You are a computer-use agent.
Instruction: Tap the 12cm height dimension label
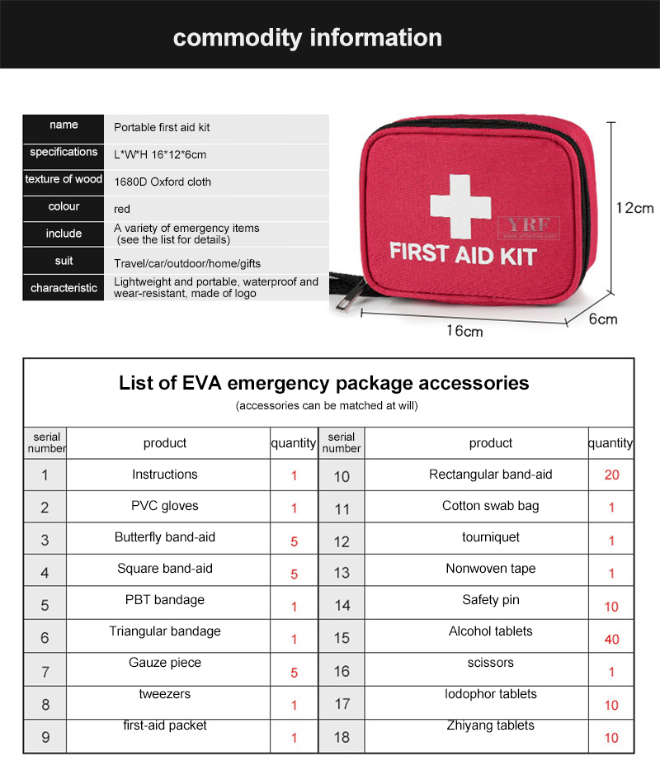(634, 208)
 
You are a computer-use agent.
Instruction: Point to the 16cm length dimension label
(464, 331)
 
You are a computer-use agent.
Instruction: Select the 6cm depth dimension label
(603, 319)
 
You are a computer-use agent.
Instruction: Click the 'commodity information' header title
(308, 37)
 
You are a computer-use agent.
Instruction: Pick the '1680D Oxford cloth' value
(163, 182)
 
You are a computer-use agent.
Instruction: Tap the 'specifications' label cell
(64, 152)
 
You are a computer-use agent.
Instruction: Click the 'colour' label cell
(64, 206)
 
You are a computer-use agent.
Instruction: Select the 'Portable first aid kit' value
(162, 128)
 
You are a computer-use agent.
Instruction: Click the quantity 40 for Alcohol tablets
(611, 639)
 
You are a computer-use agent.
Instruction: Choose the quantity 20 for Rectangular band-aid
(611, 475)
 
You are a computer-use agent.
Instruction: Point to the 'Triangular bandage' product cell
(165, 631)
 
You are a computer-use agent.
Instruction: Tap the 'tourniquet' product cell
(491, 537)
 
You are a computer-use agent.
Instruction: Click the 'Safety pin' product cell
(491, 600)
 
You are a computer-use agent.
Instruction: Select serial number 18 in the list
(342, 737)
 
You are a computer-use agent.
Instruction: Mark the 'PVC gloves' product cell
(165, 506)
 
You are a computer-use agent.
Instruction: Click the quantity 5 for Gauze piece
(295, 673)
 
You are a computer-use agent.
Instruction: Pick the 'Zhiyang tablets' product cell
(491, 725)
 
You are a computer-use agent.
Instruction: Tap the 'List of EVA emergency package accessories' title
(324, 383)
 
